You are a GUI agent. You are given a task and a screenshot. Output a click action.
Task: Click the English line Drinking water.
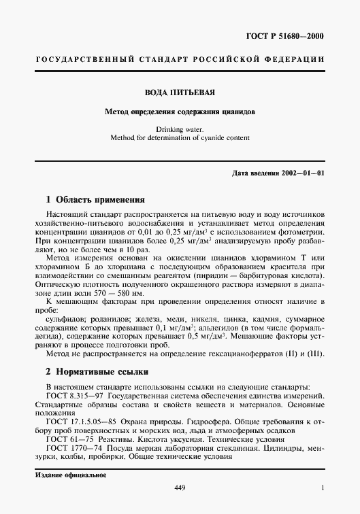click(x=180, y=128)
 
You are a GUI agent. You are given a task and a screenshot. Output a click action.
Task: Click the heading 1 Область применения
click(x=95, y=200)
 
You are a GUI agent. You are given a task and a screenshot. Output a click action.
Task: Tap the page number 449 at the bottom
click(x=180, y=487)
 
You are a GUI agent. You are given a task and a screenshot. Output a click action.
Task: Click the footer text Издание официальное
click(x=67, y=474)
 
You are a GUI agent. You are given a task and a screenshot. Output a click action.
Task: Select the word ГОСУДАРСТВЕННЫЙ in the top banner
click(x=80, y=61)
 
